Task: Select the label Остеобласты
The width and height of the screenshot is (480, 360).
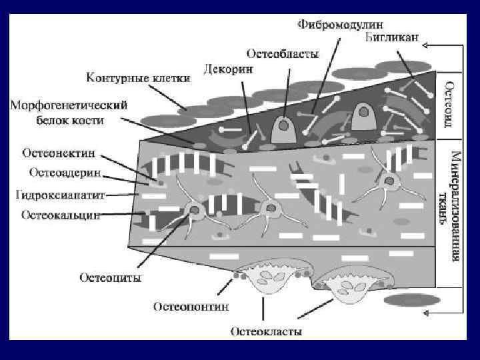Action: point(283,53)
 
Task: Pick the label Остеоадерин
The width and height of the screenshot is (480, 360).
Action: point(65,172)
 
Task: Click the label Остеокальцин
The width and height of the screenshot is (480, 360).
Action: point(61,215)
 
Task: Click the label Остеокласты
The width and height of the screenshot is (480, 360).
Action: point(266,331)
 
